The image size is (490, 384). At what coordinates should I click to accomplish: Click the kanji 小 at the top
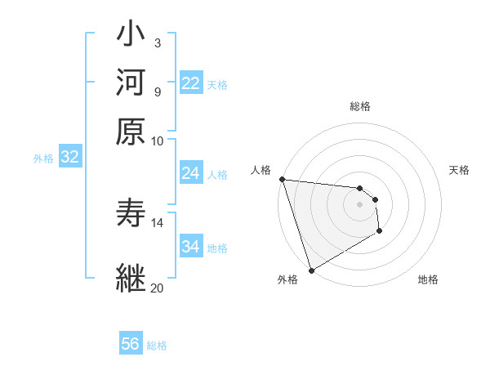coord(131,37)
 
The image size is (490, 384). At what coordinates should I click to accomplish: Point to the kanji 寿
coord(131,214)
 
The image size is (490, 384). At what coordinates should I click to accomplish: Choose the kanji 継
coord(131,278)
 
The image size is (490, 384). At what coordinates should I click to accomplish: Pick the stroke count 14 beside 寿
coord(158,221)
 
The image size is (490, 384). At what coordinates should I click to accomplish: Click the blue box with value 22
coord(191,83)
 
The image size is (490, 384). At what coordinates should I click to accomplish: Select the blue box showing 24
coord(191,173)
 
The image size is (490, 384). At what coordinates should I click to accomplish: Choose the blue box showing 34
coord(191,247)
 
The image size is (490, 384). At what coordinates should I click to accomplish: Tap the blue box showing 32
coord(70,158)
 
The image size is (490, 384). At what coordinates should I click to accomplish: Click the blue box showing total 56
coord(131,344)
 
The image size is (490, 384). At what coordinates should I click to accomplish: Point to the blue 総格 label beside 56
coord(158,346)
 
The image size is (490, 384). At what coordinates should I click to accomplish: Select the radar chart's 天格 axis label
coord(460,170)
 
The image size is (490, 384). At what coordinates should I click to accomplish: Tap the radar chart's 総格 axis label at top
coord(360,106)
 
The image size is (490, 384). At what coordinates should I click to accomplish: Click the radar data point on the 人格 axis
coord(282,179)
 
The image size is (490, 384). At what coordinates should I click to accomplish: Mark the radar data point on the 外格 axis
coord(311,270)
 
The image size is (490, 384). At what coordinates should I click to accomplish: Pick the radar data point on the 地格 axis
coord(381,232)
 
